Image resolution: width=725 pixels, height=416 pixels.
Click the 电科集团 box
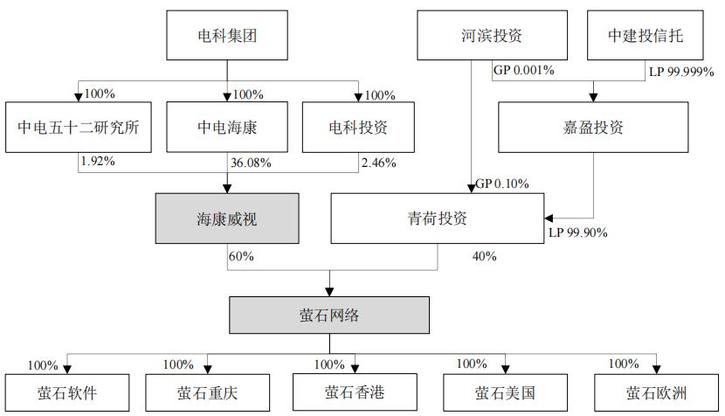[228, 36]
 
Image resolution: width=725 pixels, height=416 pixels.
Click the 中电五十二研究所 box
[78, 126]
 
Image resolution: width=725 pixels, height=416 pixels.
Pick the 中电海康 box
[228, 126]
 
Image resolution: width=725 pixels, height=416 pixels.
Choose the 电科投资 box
[358, 126]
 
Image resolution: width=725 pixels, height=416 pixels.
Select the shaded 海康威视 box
[227, 218]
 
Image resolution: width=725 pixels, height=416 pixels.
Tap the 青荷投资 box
[438, 218]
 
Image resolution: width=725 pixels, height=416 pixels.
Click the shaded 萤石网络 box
[329, 315]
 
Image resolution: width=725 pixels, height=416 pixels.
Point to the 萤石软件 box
[68, 392]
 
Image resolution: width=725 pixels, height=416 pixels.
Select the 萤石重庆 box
[207, 392]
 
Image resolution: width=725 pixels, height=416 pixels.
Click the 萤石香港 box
[356, 392]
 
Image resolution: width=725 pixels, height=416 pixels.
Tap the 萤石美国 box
[505, 392]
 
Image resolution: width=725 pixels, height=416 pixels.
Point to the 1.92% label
[97, 162]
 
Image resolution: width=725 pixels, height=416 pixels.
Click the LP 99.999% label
[680, 70]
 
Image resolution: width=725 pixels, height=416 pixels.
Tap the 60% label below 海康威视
[241, 256]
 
